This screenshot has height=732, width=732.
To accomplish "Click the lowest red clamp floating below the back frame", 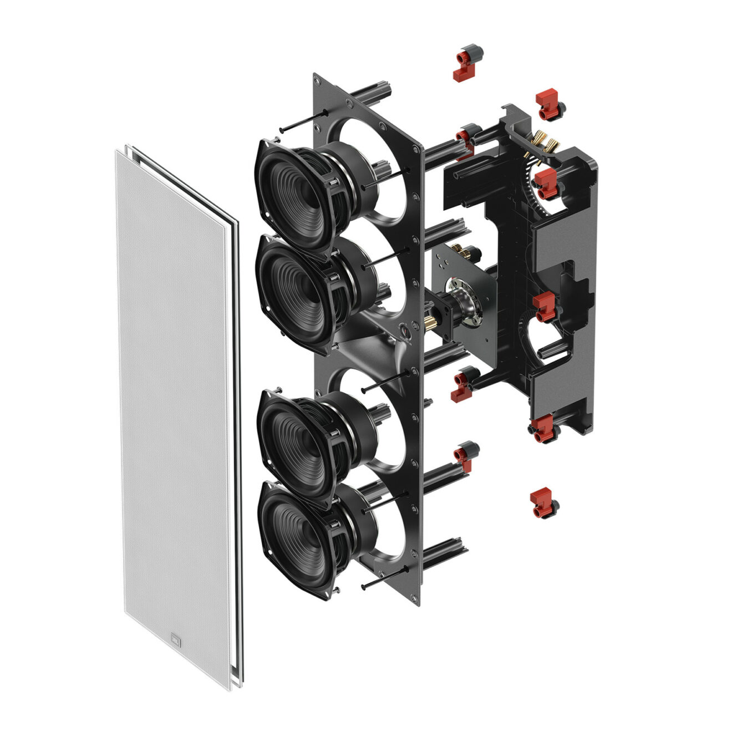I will point(543,502).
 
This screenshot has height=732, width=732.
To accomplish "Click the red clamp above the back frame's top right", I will point(549,105).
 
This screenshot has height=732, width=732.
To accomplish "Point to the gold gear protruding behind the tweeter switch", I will point(430,322).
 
